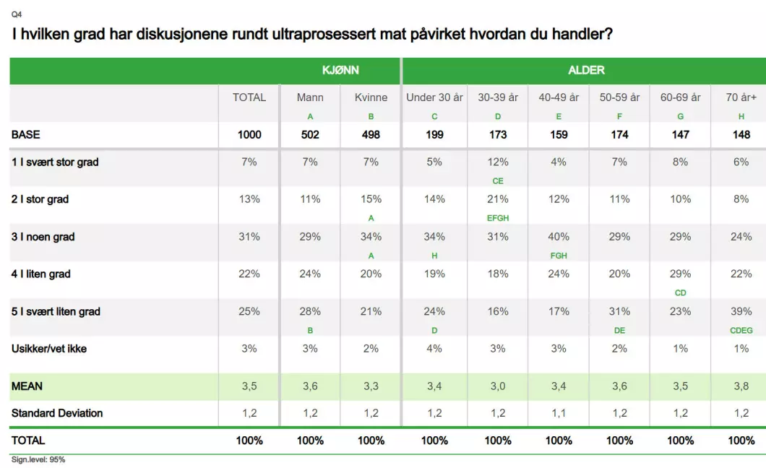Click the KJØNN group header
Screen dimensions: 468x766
340,71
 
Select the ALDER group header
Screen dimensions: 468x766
586,71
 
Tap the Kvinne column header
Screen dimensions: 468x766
371,97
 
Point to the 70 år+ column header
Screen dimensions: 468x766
741,97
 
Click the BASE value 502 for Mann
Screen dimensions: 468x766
310,134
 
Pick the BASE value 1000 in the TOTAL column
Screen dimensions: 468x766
249,134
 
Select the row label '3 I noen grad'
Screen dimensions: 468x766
43,237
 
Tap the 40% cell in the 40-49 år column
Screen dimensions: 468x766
559,237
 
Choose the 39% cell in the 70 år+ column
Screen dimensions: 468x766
741,312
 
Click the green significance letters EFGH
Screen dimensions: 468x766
498,218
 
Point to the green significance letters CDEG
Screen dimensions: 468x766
741,331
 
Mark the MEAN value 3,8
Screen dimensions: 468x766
741,386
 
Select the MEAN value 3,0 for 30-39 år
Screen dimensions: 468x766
498,386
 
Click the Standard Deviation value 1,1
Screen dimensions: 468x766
559,413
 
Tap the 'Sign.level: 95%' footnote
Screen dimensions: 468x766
38,460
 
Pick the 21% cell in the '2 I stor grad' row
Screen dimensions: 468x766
498,199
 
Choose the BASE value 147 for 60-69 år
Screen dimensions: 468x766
680,134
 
